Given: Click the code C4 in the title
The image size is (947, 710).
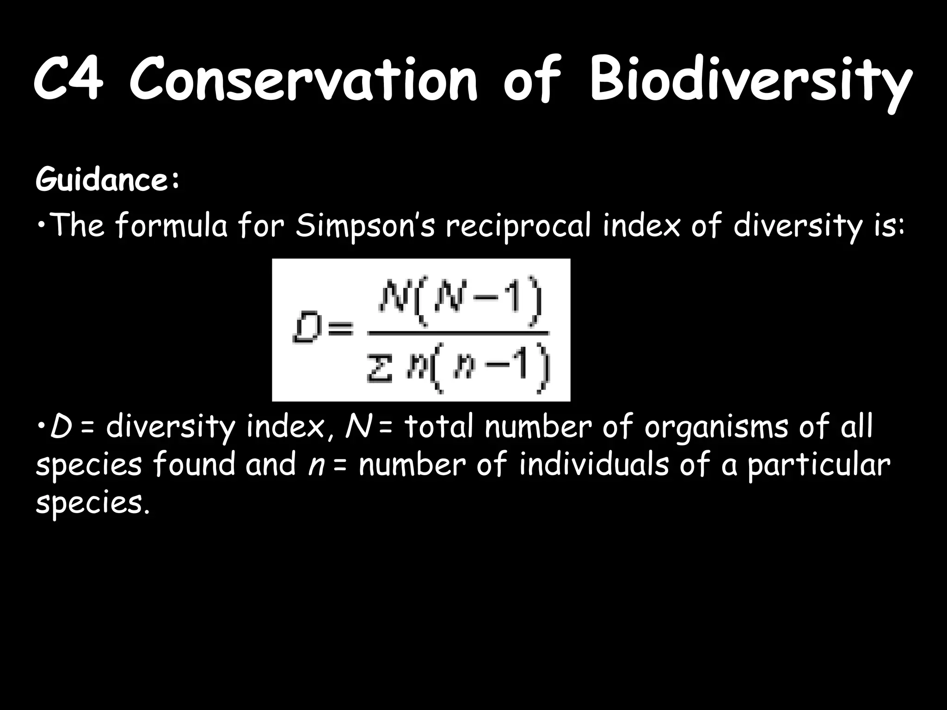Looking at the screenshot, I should [x=68, y=80].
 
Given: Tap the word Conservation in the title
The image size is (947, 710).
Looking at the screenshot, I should [x=303, y=80].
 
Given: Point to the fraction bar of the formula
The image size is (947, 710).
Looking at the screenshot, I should [x=458, y=332].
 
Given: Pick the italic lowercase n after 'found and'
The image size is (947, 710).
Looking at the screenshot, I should [x=315, y=465].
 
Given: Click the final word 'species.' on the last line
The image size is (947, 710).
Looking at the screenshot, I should [x=92, y=503].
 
